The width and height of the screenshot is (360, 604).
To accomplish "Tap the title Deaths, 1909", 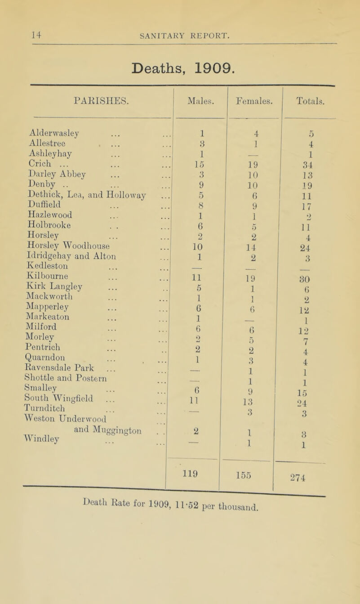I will coord(180,68).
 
